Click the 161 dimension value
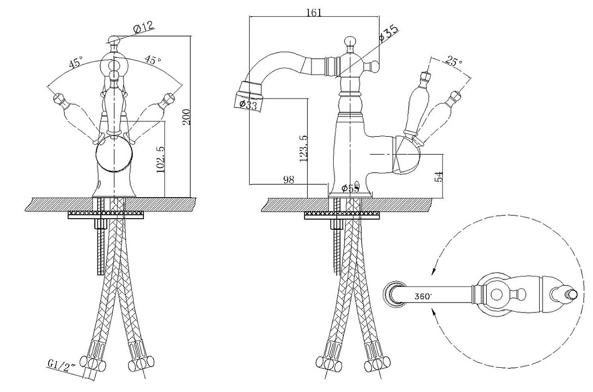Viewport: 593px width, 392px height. (314, 12)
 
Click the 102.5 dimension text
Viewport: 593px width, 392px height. (160, 160)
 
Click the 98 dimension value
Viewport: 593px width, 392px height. (288, 180)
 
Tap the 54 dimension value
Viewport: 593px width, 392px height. (439, 177)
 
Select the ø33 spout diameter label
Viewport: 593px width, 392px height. (248, 104)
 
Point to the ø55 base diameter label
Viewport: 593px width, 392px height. (350, 188)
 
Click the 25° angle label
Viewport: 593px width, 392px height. (454, 61)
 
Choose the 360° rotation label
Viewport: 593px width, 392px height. (423, 297)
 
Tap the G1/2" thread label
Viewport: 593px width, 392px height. (62, 364)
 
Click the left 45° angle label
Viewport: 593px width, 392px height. (75, 62)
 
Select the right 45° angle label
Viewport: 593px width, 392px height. (153, 59)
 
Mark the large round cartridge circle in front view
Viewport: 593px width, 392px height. (114, 156)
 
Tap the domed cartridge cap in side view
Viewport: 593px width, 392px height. (408, 155)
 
